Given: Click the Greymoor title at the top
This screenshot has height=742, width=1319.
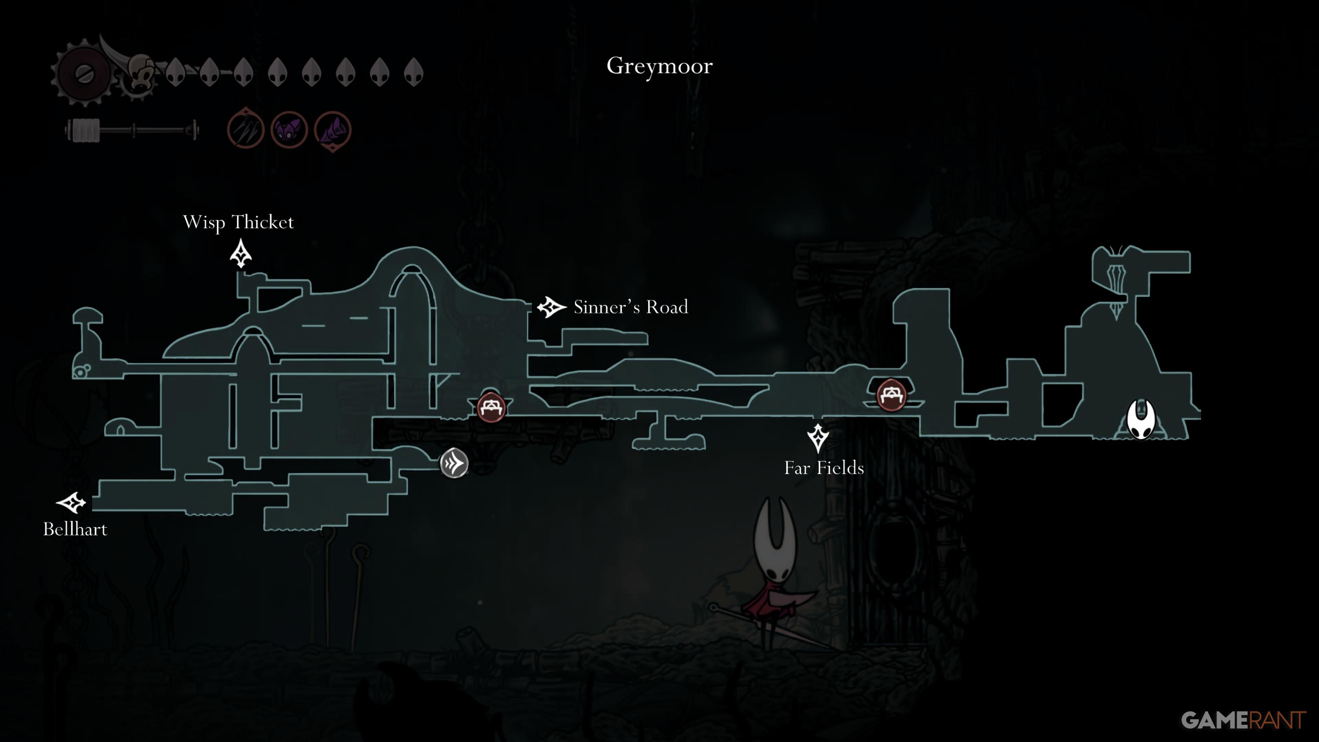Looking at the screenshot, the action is tap(659, 66).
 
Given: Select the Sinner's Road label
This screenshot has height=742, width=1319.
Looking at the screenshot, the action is tap(631, 307).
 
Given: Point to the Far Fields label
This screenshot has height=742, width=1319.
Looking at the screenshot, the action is tap(824, 468).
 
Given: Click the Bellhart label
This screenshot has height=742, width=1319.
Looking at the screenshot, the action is tap(75, 529).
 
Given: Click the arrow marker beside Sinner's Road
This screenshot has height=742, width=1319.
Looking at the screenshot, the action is tap(551, 307).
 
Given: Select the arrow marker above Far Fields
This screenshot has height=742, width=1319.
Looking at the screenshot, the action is tap(818, 438).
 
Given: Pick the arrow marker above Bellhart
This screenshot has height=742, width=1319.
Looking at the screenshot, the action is tap(71, 503).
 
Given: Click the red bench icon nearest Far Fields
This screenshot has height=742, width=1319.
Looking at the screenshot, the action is tap(891, 395).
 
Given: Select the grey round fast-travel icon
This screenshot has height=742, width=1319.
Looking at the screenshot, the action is tap(454, 463).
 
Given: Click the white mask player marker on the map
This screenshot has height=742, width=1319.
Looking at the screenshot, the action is tap(1141, 419).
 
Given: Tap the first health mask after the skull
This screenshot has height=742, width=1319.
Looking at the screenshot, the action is tap(175, 72).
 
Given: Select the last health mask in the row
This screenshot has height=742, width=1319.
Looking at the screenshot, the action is tap(414, 72).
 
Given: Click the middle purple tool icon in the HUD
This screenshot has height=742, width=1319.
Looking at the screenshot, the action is tap(289, 130).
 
